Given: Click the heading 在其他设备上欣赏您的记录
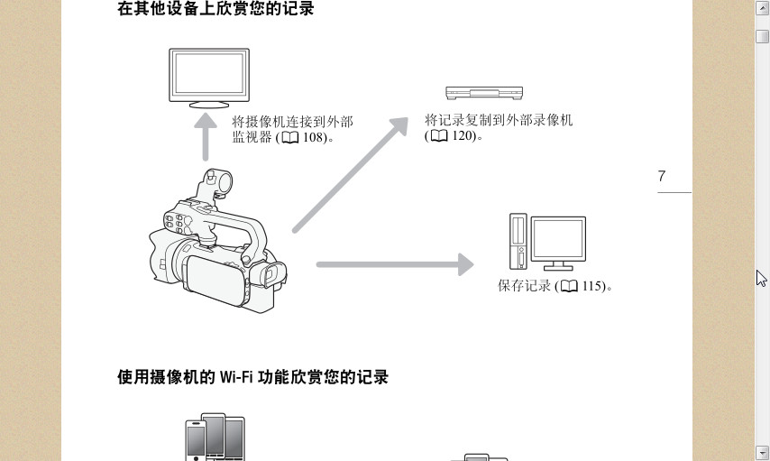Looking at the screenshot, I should pyautogui.click(x=215, y=10).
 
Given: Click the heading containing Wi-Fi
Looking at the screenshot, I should pyautogui.click(x=252, y=377).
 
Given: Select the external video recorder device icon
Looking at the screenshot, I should pyautogui.click(x=484, y=93).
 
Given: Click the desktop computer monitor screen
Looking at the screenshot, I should pyautogui.click(x=558, y=239).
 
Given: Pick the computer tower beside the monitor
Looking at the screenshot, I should pyautogui.click(x=518, y=242).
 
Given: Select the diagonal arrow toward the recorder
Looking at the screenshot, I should pyautogui.click(x=352, y=175).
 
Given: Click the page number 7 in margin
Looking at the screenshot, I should pyautogui.click(x=662, y=177).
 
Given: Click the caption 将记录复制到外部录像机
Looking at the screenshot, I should pyautogui.click(x=499, y=120).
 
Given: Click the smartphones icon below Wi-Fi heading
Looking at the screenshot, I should pyautogui.click(x=215, y=438).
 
